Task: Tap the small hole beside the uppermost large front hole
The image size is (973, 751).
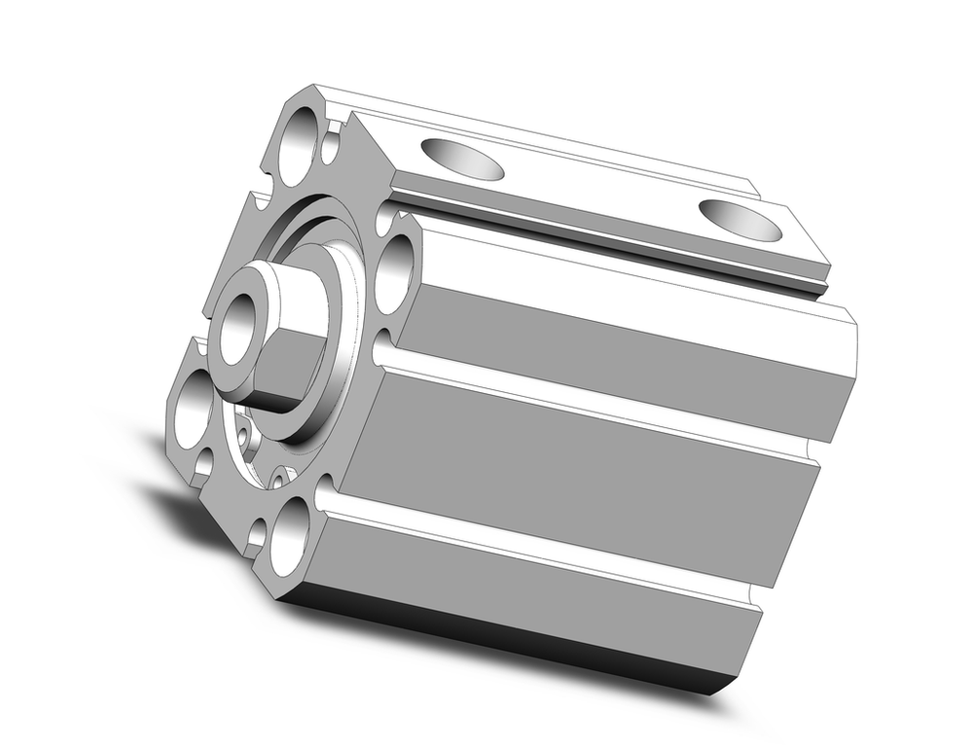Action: (x=331, y=147)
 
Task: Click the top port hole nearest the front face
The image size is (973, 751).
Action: (x=462, y=160)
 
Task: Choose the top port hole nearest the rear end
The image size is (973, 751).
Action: (x=739, y=220)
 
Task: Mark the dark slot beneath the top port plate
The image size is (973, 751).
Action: (x=603, y=240)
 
